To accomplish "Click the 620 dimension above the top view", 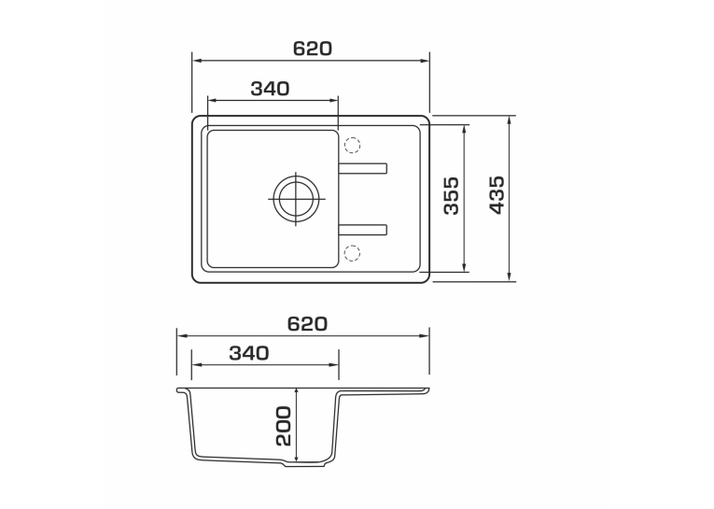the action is click(313, 49).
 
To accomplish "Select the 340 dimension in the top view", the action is click(270, 89).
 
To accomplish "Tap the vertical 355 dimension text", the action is click(451, 196).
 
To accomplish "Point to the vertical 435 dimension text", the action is click(497, 195).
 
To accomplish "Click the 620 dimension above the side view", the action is click(307, 324).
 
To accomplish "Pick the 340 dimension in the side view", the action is click(249, 353).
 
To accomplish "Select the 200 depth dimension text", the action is click(283, 427).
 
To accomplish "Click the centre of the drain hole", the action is click(297, 199).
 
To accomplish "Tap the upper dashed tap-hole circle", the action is click(352, 145).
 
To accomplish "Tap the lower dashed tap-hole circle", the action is click(352, 252).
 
